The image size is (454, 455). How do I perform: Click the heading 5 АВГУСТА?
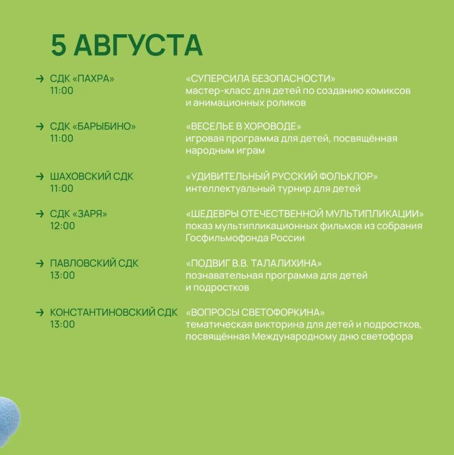pos(127,45)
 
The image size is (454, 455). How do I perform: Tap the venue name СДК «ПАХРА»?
pos(82,78)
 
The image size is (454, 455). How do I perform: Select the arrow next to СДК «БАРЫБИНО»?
pos(40,126)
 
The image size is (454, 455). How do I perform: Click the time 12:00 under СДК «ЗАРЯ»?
pos(63,226)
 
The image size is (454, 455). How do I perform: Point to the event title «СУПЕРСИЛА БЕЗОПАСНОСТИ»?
pos(260,78)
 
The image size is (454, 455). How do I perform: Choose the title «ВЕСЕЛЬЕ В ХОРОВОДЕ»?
pos(244,126)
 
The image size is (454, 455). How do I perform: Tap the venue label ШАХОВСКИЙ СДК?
pos(91,176)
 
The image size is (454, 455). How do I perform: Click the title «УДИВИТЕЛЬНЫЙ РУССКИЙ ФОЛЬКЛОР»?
pos(282,176)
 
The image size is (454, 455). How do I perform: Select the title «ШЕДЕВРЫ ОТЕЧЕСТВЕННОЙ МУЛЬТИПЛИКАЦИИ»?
pos(305,214)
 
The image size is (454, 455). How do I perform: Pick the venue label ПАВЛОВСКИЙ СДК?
pos(94,263)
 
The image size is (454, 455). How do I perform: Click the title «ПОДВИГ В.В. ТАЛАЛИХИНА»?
pos(253,263)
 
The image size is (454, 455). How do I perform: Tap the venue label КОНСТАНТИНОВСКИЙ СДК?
pos(114,312)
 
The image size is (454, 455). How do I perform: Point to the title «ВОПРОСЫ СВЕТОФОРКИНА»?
pos(255,312)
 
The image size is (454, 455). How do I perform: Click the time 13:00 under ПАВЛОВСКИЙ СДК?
pos(63,275)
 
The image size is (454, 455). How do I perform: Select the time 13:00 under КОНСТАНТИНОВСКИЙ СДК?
pos(63,324)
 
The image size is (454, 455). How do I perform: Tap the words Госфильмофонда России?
pos(245,238)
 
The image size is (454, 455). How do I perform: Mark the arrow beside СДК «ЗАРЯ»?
pos(40,214)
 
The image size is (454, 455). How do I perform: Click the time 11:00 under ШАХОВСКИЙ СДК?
pos(62,188)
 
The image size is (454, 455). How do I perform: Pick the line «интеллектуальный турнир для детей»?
pos(273,189)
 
